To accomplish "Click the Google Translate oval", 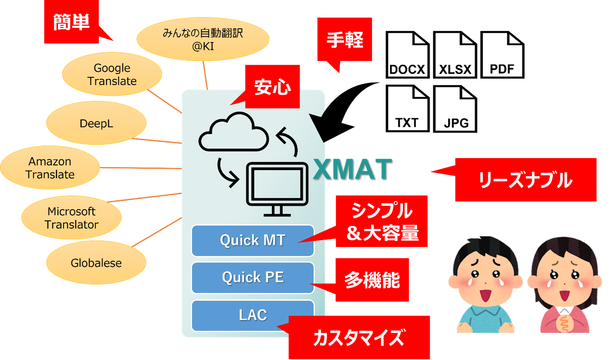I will point(112,75).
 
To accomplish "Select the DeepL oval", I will point(96,124).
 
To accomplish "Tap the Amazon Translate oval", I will point(50,168).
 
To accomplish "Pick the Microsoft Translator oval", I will point(71,218).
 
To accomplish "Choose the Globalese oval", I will point(96,263).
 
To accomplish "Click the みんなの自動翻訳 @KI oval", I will point(202,39).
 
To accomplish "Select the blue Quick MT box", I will point(252,240).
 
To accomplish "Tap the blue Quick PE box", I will point(252,278).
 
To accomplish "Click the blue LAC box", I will point(252,315).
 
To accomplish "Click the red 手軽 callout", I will point(344,40).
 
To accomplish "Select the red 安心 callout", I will point(272,86).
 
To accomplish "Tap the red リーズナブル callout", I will point(525,180).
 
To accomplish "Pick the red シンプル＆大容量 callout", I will point(382,222).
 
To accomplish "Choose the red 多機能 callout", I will point(371,280).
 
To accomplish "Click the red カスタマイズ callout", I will point(359,338).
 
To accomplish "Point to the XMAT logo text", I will point(352,169).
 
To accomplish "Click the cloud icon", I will point(233,131).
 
